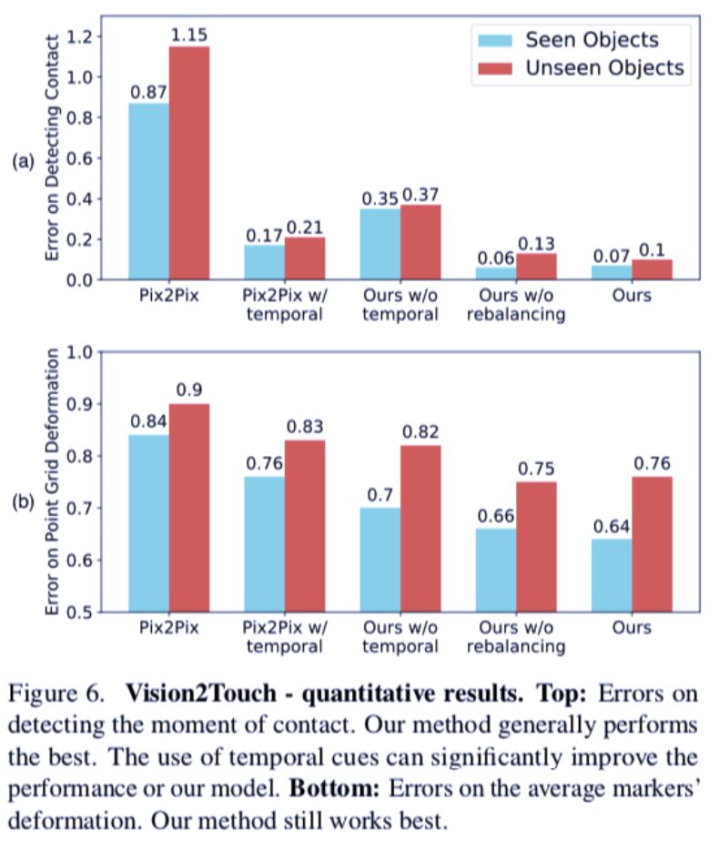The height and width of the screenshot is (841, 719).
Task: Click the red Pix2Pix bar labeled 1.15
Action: pos(188,163)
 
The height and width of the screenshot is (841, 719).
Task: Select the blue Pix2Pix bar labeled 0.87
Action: pos(148,191)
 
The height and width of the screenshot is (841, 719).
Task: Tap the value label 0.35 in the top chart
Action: pos(380,198)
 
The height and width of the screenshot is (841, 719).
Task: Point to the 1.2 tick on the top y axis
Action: pos(90,36)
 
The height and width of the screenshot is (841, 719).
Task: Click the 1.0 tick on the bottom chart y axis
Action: pos(90,351)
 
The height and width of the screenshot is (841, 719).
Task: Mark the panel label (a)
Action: pos(22,162)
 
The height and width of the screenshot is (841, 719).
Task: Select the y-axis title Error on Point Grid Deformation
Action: pos(52,482)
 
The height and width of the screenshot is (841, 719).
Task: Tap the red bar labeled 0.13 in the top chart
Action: pos(536,266)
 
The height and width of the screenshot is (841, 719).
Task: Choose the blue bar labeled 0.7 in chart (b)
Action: pos(380,560)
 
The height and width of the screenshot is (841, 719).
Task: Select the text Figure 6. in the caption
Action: pos(65,694)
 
